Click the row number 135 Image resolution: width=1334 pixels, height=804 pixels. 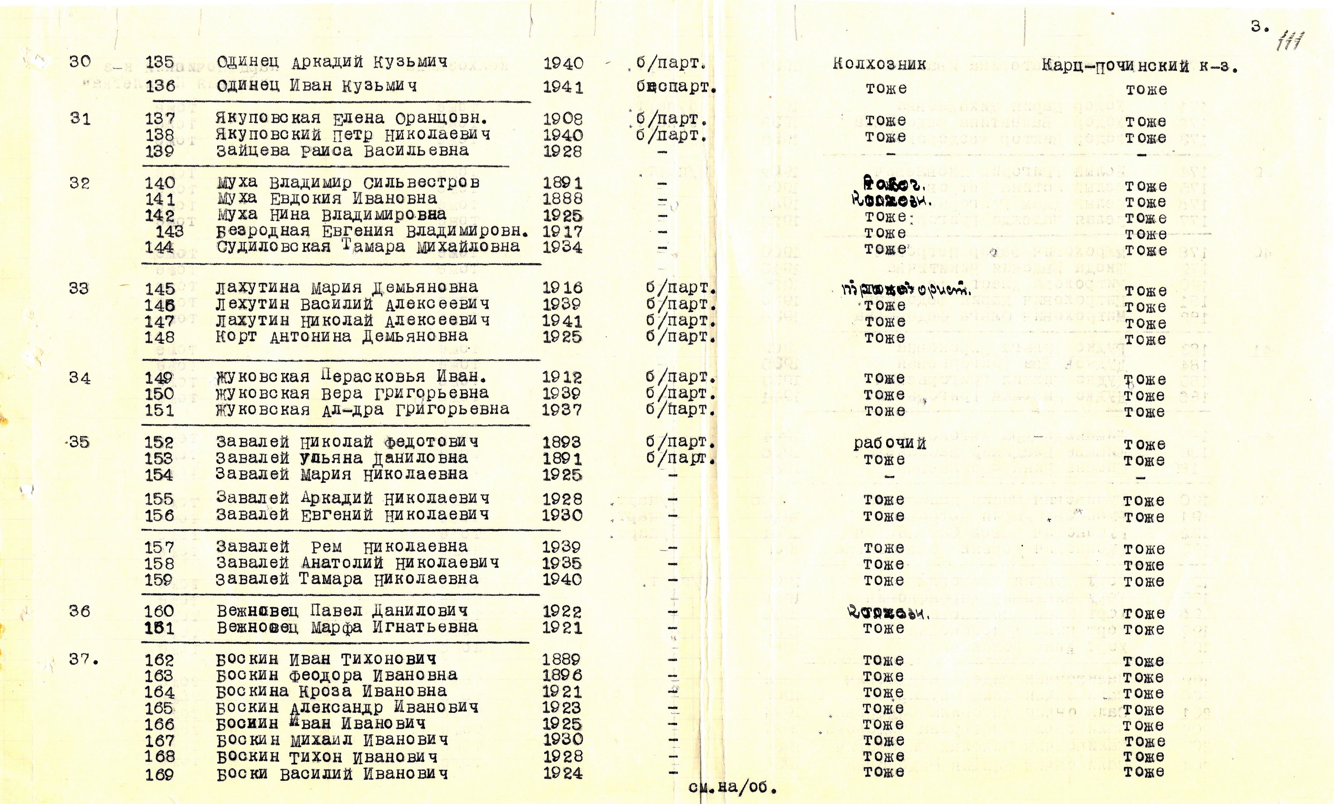[x=160, y=63]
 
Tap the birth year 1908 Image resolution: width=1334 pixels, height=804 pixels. [x=563, y=119]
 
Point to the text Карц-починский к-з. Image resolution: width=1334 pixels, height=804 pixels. [x=1140, y=67]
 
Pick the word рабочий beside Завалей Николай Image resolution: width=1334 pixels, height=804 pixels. [x=890, y=443]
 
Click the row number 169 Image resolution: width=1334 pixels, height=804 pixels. [x=159, y=774]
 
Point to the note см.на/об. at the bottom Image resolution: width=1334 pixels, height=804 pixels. [x=732, y=787]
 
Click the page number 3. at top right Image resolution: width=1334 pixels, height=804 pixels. [x=1260, y=27]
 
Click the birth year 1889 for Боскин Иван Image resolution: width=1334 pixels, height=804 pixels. [x=561, y=659]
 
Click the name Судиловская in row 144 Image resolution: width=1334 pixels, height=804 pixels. [x=274, y=247]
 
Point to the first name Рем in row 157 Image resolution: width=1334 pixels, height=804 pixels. [x=326, y=547]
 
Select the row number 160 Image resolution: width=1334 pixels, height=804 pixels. [x=159, y=611]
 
